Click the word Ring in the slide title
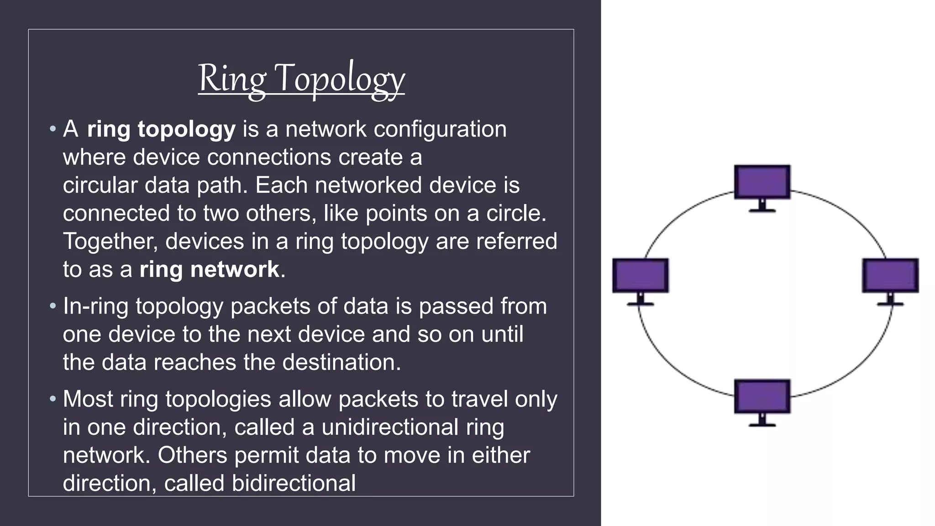(231, 79)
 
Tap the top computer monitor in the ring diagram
(762, 182)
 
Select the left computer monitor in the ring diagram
(640, 275)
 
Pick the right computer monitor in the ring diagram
(890, 275)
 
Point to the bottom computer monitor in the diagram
(762, 397)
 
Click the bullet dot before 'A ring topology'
(53, 129)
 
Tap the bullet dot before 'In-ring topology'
(53, 306)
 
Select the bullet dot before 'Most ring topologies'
(53, 399)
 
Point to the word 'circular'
(100, 185)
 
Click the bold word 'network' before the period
(234, 269)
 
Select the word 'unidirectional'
(390, 427)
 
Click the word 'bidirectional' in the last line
(294, 483)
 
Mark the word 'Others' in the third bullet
(192, 455)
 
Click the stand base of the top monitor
(762, 210)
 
